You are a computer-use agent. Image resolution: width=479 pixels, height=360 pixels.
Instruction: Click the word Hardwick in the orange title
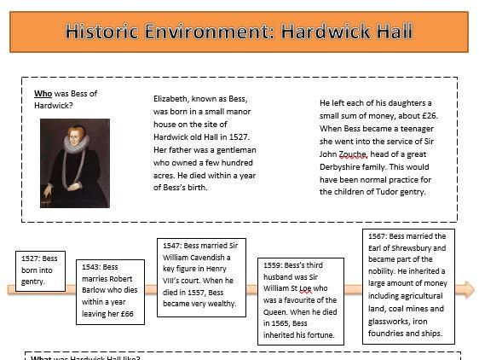(325, 32)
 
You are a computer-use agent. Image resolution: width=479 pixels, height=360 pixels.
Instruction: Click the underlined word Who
(43, 94)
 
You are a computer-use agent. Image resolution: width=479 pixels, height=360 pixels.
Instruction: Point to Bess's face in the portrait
(75, 137)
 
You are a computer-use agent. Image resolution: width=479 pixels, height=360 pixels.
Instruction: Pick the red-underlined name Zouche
(353, 154)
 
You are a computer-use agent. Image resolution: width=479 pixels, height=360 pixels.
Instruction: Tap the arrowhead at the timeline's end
(465, 289)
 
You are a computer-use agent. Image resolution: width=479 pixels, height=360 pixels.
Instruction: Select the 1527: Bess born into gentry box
(40, 271)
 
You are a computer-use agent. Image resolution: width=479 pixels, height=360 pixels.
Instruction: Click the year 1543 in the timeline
(89, 267)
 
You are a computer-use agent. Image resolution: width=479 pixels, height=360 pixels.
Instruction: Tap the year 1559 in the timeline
(272, 265)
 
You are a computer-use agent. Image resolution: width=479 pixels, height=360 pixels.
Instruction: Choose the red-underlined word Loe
(305, 288)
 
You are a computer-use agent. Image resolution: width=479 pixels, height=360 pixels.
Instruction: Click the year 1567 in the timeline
(377, 236)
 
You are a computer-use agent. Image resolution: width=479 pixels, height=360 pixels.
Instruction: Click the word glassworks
(384, 322)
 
